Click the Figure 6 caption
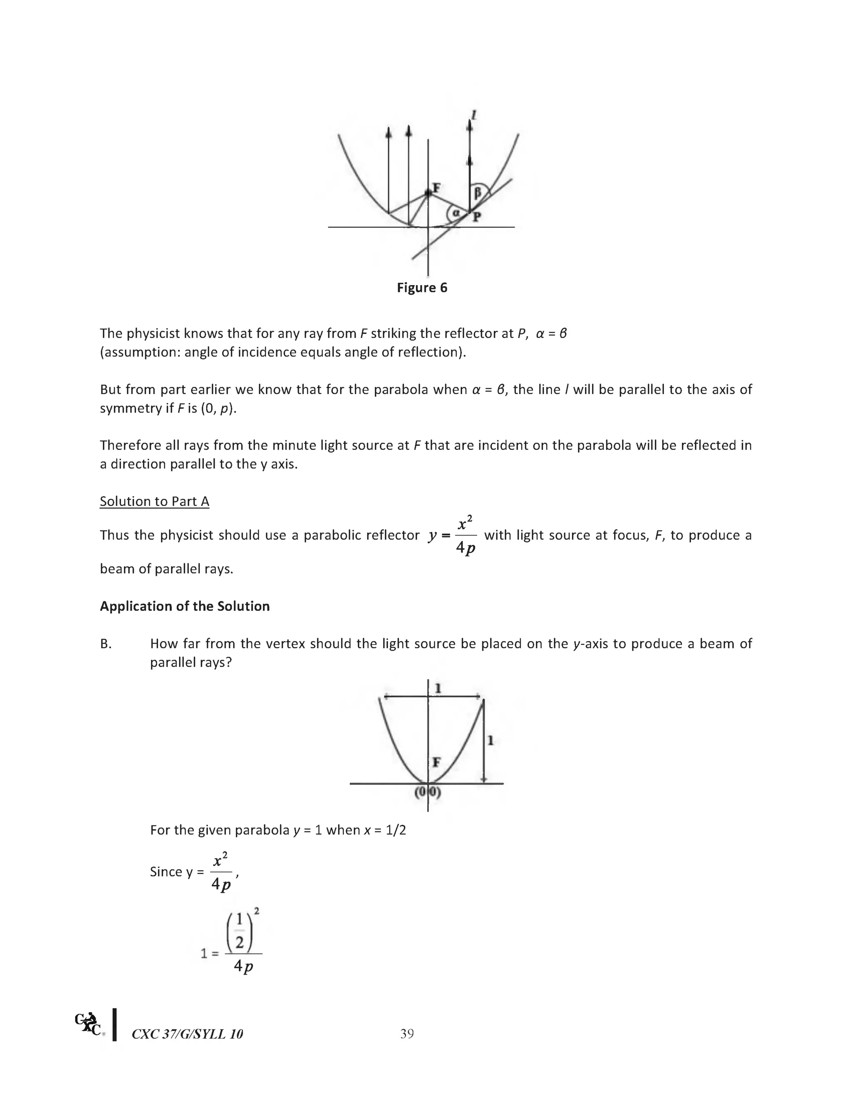pos(422,288)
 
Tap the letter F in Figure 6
pos(436,188)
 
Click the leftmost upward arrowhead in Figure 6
pos(388,133)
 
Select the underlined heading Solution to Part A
pos(154,501)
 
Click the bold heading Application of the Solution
pos(185,606)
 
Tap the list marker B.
pos(106,644)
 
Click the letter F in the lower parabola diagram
pos(436,761)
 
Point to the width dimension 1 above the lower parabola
pos(438,688)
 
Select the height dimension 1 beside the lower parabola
pos(490,740)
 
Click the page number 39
pos(407,1034)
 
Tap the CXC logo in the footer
pos(88,1024)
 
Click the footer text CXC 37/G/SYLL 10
pos(187,1034)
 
